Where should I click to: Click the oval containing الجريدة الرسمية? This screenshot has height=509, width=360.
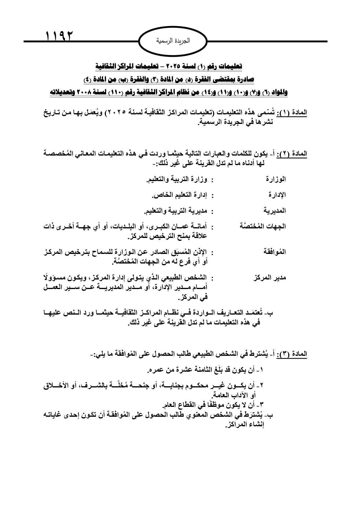(173, 41)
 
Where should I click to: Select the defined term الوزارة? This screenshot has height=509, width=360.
(276, 179)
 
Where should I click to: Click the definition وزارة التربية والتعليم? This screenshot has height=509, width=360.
(177, 179)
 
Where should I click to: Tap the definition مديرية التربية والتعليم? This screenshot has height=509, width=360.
(176, 211)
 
